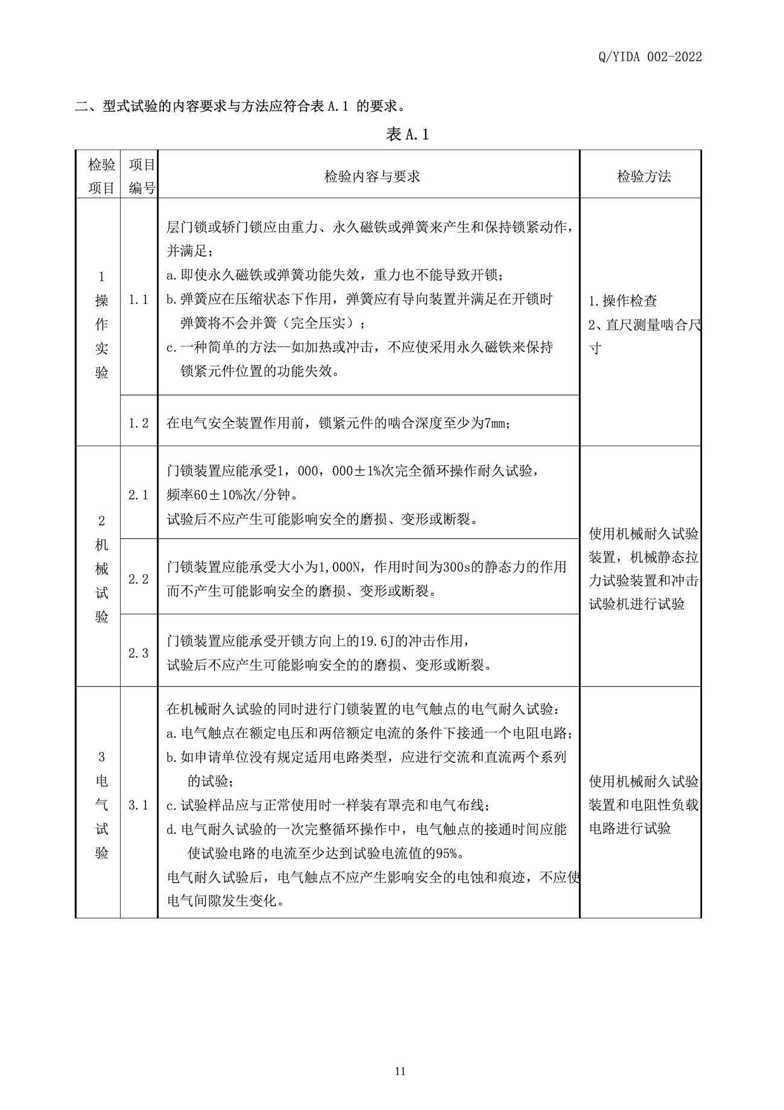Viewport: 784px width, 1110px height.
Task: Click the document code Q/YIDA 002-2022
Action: tap(650, 57)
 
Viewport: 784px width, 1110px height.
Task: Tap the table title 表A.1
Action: tap(406, 134)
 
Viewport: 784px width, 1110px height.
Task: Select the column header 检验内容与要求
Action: tap(371, 176)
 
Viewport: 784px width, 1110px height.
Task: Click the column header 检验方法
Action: tap(643, 176)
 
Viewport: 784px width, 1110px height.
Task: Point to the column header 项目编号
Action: tap(142, 176)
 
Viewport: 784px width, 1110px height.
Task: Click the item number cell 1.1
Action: tap(139, 299)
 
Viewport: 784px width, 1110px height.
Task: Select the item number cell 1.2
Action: tap(139, 423)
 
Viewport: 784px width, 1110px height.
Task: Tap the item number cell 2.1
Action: tap(139, 495)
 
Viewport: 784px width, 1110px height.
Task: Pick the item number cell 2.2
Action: tap(139, 579)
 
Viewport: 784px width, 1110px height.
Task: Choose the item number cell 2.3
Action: tap(139, 653)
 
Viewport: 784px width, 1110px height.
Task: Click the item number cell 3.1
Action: tap(139, 805)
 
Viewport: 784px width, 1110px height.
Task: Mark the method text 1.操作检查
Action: tap(622, 301)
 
